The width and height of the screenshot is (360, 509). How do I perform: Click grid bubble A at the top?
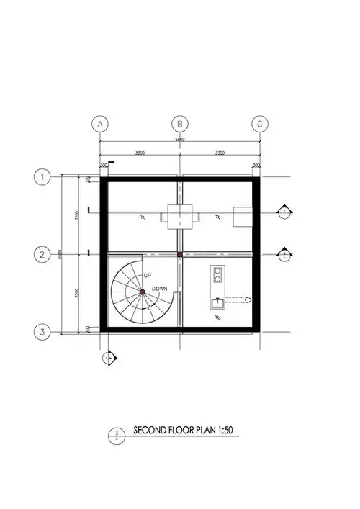coord(100,124)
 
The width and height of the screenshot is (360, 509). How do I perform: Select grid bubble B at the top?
coord(181,124)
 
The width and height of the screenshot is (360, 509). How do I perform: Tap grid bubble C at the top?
coord(261,124)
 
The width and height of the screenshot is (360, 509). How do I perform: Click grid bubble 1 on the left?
coord(43,176)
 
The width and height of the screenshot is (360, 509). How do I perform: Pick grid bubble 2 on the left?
coord(43,254)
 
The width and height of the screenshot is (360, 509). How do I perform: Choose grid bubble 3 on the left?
coord(43,332)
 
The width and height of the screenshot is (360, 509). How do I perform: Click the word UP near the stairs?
coord(147,276)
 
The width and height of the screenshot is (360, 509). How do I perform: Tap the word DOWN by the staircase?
coord(160,289)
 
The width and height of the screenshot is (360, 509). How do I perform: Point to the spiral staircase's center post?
coord(143,291)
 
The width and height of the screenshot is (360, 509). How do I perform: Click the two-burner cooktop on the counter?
coord(217,275)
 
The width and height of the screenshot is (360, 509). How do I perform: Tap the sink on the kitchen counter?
coord(217,302)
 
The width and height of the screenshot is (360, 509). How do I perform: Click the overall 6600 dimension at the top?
coord(181,140)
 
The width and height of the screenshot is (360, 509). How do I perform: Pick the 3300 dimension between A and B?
coord(140,153)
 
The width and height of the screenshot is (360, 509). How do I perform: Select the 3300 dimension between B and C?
coord(220,153)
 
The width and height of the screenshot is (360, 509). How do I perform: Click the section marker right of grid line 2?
coord(286,254)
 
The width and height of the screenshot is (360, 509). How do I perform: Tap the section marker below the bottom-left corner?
coord(109,357)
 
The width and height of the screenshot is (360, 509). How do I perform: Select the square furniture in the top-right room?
coord(243,215)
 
